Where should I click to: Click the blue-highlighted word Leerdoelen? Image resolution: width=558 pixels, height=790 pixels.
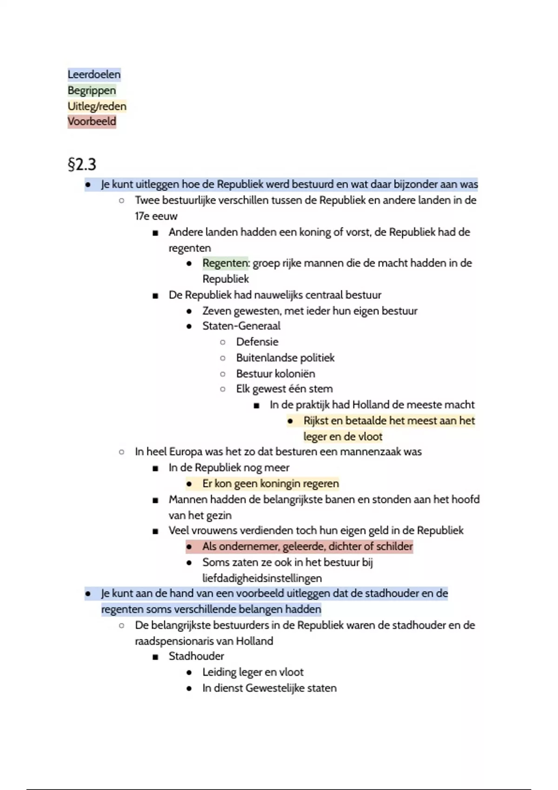(x=94, y=74)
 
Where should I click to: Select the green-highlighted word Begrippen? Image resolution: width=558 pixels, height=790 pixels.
(x=92, y=90)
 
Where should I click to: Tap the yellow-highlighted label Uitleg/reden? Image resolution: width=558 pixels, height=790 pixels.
(x=97, y=106)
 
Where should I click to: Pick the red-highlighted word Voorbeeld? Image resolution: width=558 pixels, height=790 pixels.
(x=92, y=122)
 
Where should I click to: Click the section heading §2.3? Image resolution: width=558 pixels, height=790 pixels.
(x=82, y=164)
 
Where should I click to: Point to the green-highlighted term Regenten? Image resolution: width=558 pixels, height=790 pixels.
(x=225, y=263)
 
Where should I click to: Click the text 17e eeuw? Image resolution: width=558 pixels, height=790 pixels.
(x=156, y=216)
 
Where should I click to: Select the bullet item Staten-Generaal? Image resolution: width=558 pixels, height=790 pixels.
(x=241, y=326)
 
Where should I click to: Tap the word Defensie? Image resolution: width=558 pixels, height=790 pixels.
(x=257, y=342)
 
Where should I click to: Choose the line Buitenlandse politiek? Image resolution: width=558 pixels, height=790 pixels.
(x=285, y=358)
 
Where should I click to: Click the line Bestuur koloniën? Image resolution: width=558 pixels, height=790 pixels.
(x=275, y=374)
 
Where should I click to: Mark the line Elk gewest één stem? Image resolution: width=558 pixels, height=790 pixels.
(x=284, y=389)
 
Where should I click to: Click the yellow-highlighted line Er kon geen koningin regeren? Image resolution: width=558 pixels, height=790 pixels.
(x=270, y=484)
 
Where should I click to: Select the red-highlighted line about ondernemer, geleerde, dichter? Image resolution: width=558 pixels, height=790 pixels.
(x=307, y=546)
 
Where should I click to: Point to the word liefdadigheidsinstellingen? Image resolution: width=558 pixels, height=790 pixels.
(x=262, y=578)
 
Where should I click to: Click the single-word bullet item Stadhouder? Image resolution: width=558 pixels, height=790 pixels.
(x=196, y=656)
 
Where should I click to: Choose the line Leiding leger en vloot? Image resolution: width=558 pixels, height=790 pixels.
(x=252, y=672)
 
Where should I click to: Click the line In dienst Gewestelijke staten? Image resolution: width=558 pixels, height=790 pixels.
(x=269, y=688)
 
